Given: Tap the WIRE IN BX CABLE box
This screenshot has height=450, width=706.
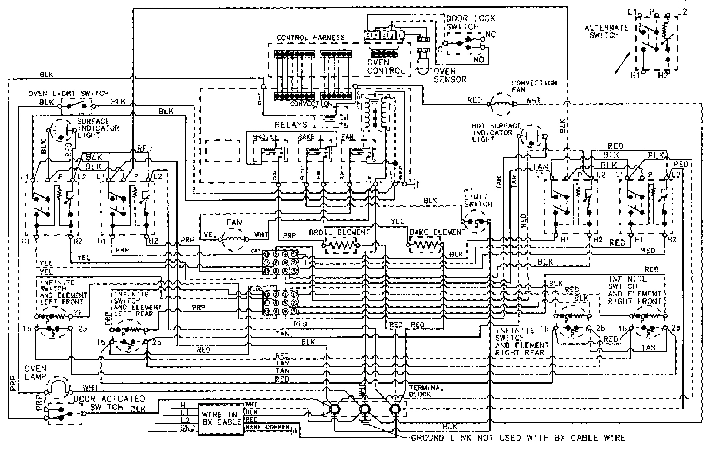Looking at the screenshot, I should click(220, 418).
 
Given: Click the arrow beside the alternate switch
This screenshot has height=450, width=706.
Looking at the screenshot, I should click(622, 64).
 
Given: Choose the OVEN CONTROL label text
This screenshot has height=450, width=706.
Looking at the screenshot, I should click(386, 66).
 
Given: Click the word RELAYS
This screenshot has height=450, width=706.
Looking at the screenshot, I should click(292, 125).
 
